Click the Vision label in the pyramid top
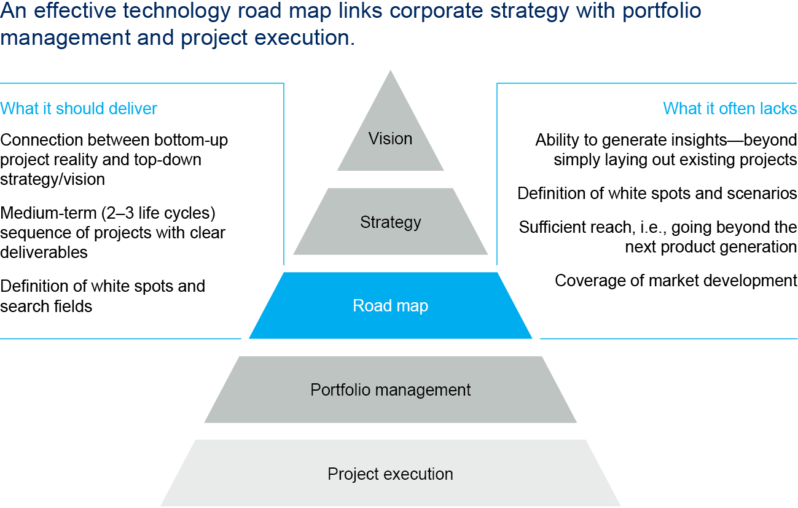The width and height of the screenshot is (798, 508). (390, 138)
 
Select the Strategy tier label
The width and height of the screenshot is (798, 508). (390, 222)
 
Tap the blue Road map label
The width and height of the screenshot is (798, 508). (390, 305)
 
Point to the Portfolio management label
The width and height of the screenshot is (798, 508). (390, 389)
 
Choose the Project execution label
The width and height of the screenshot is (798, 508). (390, 474)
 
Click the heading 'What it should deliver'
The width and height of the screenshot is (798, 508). (79, 109)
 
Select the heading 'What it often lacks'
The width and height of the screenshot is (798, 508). (730, 109)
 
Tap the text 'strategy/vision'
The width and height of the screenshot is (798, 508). (52, 179)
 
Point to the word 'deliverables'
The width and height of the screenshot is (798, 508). (44, 252)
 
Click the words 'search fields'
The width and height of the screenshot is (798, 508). (46, 305)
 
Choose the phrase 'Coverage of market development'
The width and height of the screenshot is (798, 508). (676, 281)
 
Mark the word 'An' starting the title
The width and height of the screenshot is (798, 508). (11, 11)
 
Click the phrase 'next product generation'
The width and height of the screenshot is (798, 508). (711, 247)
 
